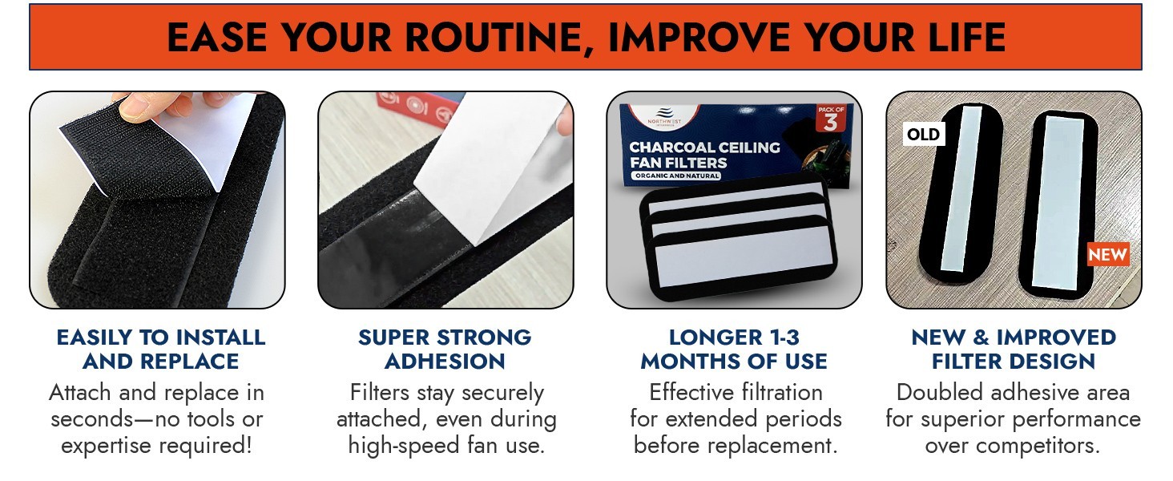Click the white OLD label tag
[x=923, y=134]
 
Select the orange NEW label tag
[x=1108, y=255]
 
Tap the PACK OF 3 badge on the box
[x=831, y=118]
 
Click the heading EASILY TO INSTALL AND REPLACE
[x=161, y=349]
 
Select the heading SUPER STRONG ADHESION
[x=445, y=349]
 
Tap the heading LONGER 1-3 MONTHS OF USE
[x=734, y=349]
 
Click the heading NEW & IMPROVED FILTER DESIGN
[x=1014, y=349]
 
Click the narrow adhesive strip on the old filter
[x=961, y=189]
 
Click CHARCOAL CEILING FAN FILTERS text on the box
[x=704, y=155]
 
